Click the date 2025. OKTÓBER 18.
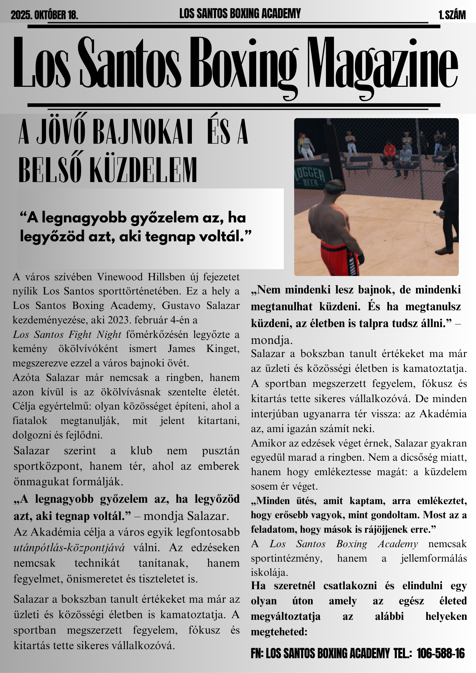pos(44,15)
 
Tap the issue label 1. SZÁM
pos(452,15)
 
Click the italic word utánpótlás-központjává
pos(69,547)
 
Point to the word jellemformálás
pos(434,558)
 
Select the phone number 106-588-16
pos(440,653)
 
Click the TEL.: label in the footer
pos(403,653)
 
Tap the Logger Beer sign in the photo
pos(310,177)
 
